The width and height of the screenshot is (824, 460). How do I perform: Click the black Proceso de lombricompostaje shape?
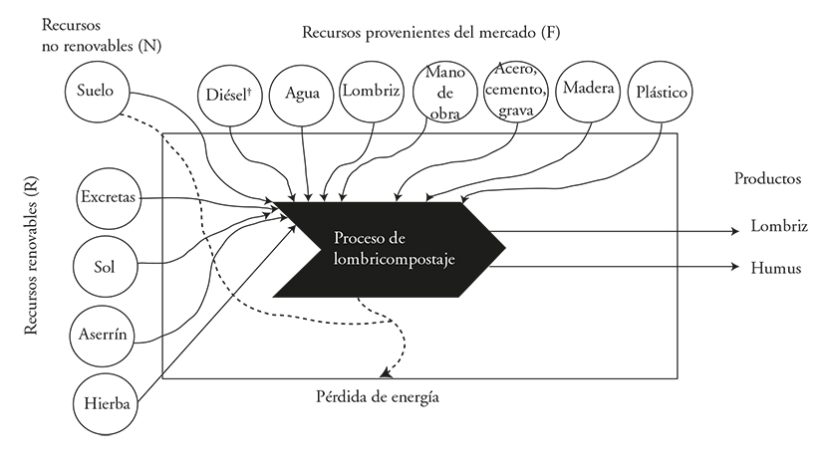(389, 250)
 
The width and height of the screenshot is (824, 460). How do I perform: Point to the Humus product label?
(775, 269)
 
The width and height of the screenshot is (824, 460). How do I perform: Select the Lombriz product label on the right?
(779, 226)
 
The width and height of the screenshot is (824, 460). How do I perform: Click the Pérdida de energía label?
(378, 397)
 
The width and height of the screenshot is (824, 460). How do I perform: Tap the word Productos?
(767, 178)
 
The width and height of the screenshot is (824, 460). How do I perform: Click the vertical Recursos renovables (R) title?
(32, 255)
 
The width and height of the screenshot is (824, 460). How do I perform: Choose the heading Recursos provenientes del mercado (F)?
(430, 33)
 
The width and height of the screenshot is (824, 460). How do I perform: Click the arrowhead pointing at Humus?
(735, 267)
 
